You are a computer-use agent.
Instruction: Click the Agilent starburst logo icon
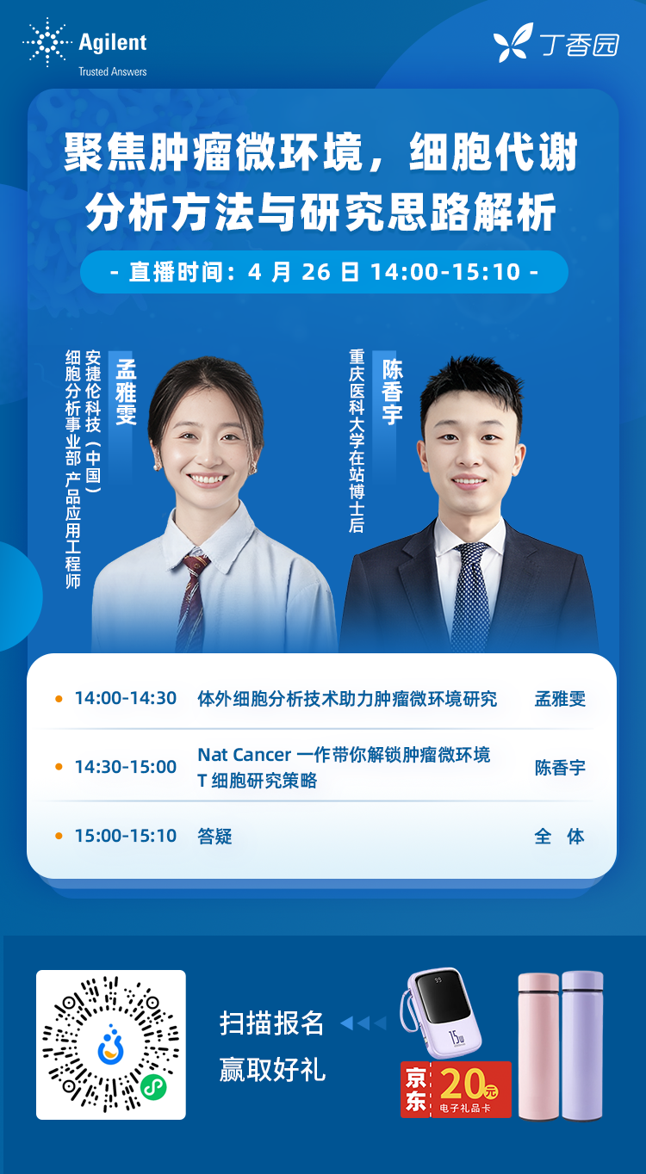(x=47, y=42)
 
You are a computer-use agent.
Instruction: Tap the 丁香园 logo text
(x=580, y=45)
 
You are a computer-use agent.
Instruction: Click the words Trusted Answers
(x=113, y=71)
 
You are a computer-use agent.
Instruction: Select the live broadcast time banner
(x=324, y=272)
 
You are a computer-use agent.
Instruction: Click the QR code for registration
(x=110, y=1045)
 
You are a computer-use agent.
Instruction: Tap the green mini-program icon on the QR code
(x=153, y=1089)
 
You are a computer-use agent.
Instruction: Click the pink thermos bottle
(x=538, y=1046)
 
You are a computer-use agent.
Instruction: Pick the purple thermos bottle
(x=582, y=1046)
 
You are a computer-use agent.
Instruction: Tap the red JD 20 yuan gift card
(x=456, y=1089)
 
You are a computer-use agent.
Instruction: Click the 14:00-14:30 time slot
(x=126, y=698)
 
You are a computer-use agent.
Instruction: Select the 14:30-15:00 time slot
(x=126, y=767)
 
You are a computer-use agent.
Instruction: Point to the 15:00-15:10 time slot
(x=126, y=836)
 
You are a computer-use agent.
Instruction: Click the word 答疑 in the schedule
(x=215, y=836)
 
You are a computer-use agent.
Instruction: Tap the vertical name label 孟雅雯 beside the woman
(x=126, y=392)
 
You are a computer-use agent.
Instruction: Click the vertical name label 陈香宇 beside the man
(x=392, y=391)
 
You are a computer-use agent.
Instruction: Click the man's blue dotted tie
(x=470, y=597)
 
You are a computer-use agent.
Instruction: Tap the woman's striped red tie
(x=192, y=602)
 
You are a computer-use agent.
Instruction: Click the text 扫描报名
(x=271, y=1023)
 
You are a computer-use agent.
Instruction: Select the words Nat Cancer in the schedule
(x=245, y=755)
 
